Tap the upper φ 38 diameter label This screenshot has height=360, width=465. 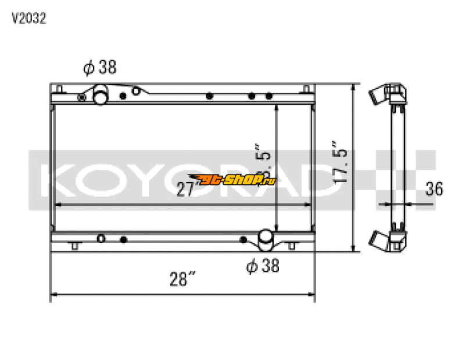coord(100,67)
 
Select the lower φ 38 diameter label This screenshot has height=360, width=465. coord(263,266)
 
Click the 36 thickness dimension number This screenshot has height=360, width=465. coord(434,189)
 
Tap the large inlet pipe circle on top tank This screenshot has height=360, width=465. coord(101,96)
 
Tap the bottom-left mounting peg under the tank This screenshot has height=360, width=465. coord(74,246)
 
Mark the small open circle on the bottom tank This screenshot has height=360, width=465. coord(101,238)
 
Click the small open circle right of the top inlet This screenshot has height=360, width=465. coord(135,91)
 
